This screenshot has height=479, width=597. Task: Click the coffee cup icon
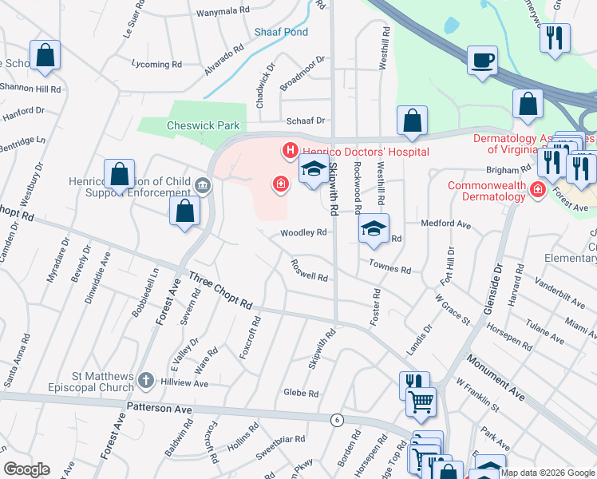coord(482,61)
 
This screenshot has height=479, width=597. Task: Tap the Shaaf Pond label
coord(280,33)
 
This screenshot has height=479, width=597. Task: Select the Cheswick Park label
coord(203,125)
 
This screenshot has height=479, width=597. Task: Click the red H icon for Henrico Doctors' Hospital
coord(289,150)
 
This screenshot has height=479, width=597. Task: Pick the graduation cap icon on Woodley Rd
coord(374,230)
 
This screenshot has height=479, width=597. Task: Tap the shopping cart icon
coord(420,402)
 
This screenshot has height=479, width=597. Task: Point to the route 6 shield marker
coord(337,420)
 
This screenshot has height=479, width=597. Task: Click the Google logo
coord(26,469)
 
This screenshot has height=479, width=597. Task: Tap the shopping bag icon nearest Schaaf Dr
coord(412,121)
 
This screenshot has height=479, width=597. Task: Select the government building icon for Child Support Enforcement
coord(203,186)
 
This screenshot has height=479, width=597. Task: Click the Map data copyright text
coord(548,473)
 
